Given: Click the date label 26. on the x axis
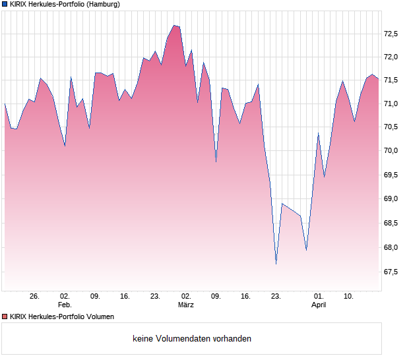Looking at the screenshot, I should [34, 296].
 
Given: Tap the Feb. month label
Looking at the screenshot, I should [64, 305].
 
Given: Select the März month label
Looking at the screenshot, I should [185, 305].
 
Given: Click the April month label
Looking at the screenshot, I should [319, 305].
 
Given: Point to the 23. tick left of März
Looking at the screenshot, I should [155, 296].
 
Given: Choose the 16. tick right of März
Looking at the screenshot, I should [246, 296].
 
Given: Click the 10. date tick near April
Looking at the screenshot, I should [349, 296].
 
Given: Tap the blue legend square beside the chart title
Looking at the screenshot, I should [5, 4].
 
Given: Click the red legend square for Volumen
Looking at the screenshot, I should [5, 316].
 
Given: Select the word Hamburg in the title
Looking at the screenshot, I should [104, 4].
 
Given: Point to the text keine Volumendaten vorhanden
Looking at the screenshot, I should [191, 339].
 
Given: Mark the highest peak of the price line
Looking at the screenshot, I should [174, 25].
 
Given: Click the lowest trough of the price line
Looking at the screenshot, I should [276, 264].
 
